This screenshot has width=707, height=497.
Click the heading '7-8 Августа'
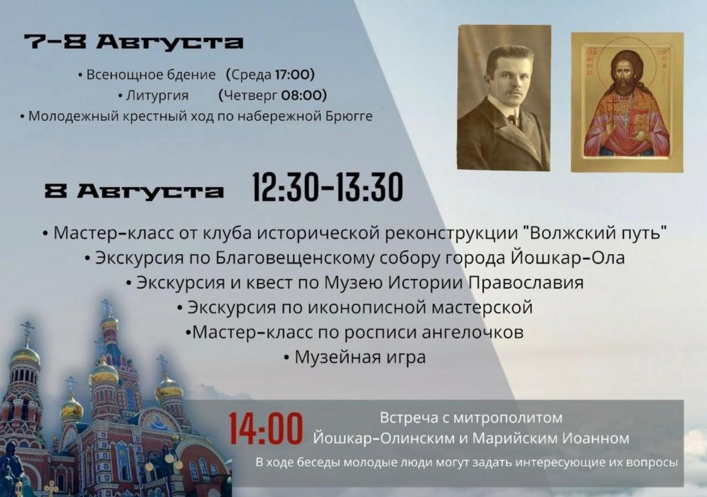(x=133, y=42)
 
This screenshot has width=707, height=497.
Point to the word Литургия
(x=157, y=96)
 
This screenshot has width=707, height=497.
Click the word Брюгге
(x=349, y=117)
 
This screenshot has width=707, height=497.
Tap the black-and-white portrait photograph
(x=504, y=98)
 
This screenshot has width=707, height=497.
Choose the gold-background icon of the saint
(x=627, y=102)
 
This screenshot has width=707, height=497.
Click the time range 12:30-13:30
(x=327, y=187)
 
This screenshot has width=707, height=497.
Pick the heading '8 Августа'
(x=134, y=191)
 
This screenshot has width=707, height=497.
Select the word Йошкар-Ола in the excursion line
(x=568, y=258)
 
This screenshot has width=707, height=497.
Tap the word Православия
(x=526, y=283)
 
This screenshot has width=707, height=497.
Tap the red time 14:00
(x=266, y=429)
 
